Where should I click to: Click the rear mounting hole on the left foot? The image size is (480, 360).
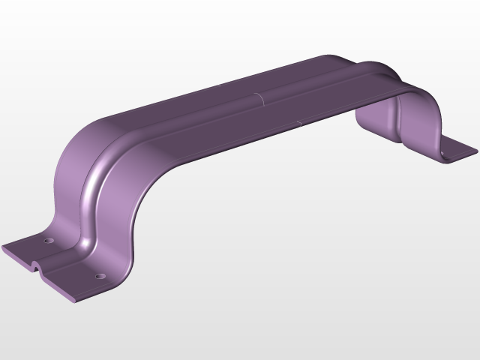47,241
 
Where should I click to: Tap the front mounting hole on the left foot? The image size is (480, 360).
99,275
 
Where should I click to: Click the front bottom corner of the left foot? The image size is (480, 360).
70,301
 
